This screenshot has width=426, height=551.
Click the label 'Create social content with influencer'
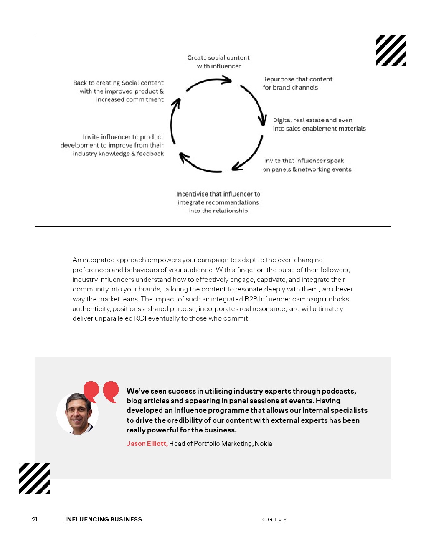218,62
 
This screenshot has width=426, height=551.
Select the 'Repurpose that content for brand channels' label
297,83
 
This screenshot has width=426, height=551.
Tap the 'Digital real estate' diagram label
319,124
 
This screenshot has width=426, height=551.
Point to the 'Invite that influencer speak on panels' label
307,165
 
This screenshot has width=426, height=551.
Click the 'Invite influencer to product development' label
112,145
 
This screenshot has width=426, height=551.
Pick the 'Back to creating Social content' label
118,91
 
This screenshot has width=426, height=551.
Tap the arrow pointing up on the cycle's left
174,121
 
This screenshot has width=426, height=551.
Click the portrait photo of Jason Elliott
78,413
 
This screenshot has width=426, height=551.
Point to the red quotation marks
101,391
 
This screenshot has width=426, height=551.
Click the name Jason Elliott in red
147,443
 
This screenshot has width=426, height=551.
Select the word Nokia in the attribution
263,443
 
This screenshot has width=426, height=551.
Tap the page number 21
35,519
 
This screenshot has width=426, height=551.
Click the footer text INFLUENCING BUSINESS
104,519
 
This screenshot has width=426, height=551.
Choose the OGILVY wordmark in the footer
274,520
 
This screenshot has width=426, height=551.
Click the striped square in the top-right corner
391,50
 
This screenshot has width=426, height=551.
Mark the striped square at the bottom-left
35,478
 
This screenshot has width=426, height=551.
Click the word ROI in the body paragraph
140,318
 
